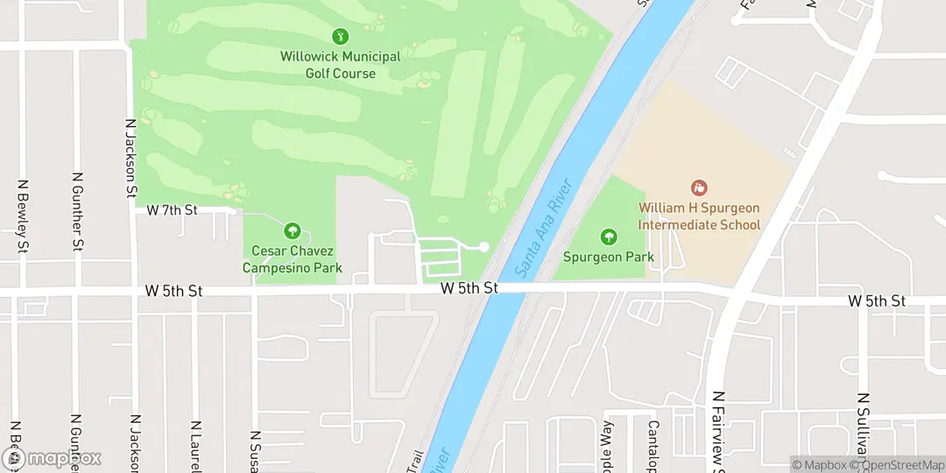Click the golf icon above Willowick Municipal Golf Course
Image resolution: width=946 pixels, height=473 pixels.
coord(340,36)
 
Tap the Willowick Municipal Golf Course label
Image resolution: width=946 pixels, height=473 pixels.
coord(340,65)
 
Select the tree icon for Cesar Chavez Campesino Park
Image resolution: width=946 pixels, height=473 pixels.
coord(292,231)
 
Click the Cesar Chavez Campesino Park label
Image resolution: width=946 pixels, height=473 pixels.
coord(292,260)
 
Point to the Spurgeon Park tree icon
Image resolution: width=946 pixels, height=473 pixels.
coord(608,236)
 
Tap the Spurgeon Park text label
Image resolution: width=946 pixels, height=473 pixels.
coord(608,258)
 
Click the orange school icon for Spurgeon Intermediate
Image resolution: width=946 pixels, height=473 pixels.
coord(699,187)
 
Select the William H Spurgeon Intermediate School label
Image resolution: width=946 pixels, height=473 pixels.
coord(699,216)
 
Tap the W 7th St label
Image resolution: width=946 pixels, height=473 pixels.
coord(173,210)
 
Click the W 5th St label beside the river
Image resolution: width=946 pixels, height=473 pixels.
coord(469,288)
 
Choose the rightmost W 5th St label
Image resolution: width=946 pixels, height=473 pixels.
coord(876,300)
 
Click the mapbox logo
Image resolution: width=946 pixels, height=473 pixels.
coord(53,457)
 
